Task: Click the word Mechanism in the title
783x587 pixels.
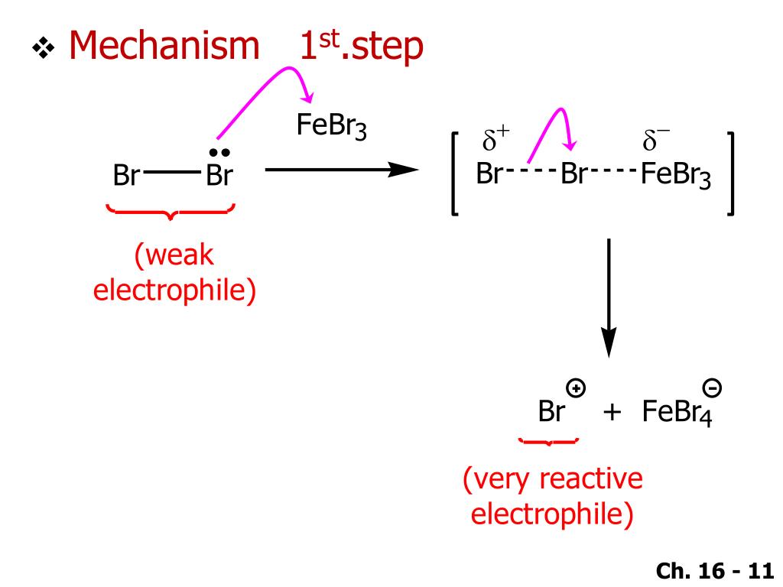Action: coord(164,47)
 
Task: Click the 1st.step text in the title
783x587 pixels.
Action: coord(360,47)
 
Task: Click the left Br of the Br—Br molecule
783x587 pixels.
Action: coord(125,177)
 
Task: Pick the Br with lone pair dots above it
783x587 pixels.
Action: coord(219,177)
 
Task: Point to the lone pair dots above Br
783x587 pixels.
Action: coord(219,153)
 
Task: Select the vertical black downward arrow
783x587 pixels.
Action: coord(608,297)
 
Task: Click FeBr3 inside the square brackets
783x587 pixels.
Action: coord(676,176)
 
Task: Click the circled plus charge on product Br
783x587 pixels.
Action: coord(577,388)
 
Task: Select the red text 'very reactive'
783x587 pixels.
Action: coord(552,480)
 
